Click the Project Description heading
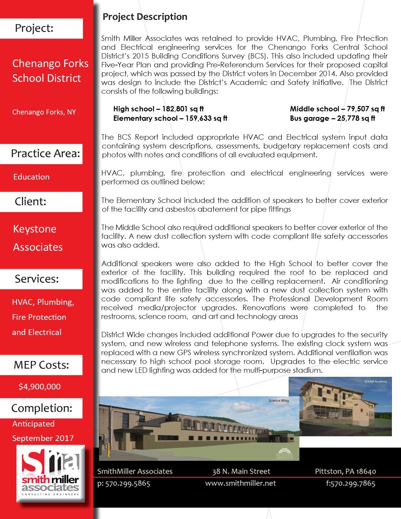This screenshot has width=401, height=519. tap(145, 17)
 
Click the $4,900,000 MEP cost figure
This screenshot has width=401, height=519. tap(39, 387)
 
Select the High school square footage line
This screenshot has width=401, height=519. tap(158, 109)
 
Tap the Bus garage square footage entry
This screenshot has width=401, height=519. tap(332, 118)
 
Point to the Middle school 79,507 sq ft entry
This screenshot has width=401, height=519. tap(337, 109)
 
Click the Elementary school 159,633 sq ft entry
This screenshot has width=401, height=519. tap(170, 118)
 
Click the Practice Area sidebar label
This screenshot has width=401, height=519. tap(45, 153)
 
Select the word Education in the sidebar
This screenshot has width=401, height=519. tap(31, 177)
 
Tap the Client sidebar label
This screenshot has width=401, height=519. tap(31, 202)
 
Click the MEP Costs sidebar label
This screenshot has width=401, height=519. tap(41, 365)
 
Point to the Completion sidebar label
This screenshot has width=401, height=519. tap(42, 408)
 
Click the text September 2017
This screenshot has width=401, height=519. tap(43, 438)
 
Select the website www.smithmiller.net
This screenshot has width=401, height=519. tap(240, 483)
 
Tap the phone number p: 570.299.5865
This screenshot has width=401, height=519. tap(124, 483)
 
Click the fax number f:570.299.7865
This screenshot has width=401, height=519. tap(350, 483)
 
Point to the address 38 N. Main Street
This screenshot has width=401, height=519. tap(241, 471)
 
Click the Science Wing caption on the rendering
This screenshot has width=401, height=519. tap(278, 400)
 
